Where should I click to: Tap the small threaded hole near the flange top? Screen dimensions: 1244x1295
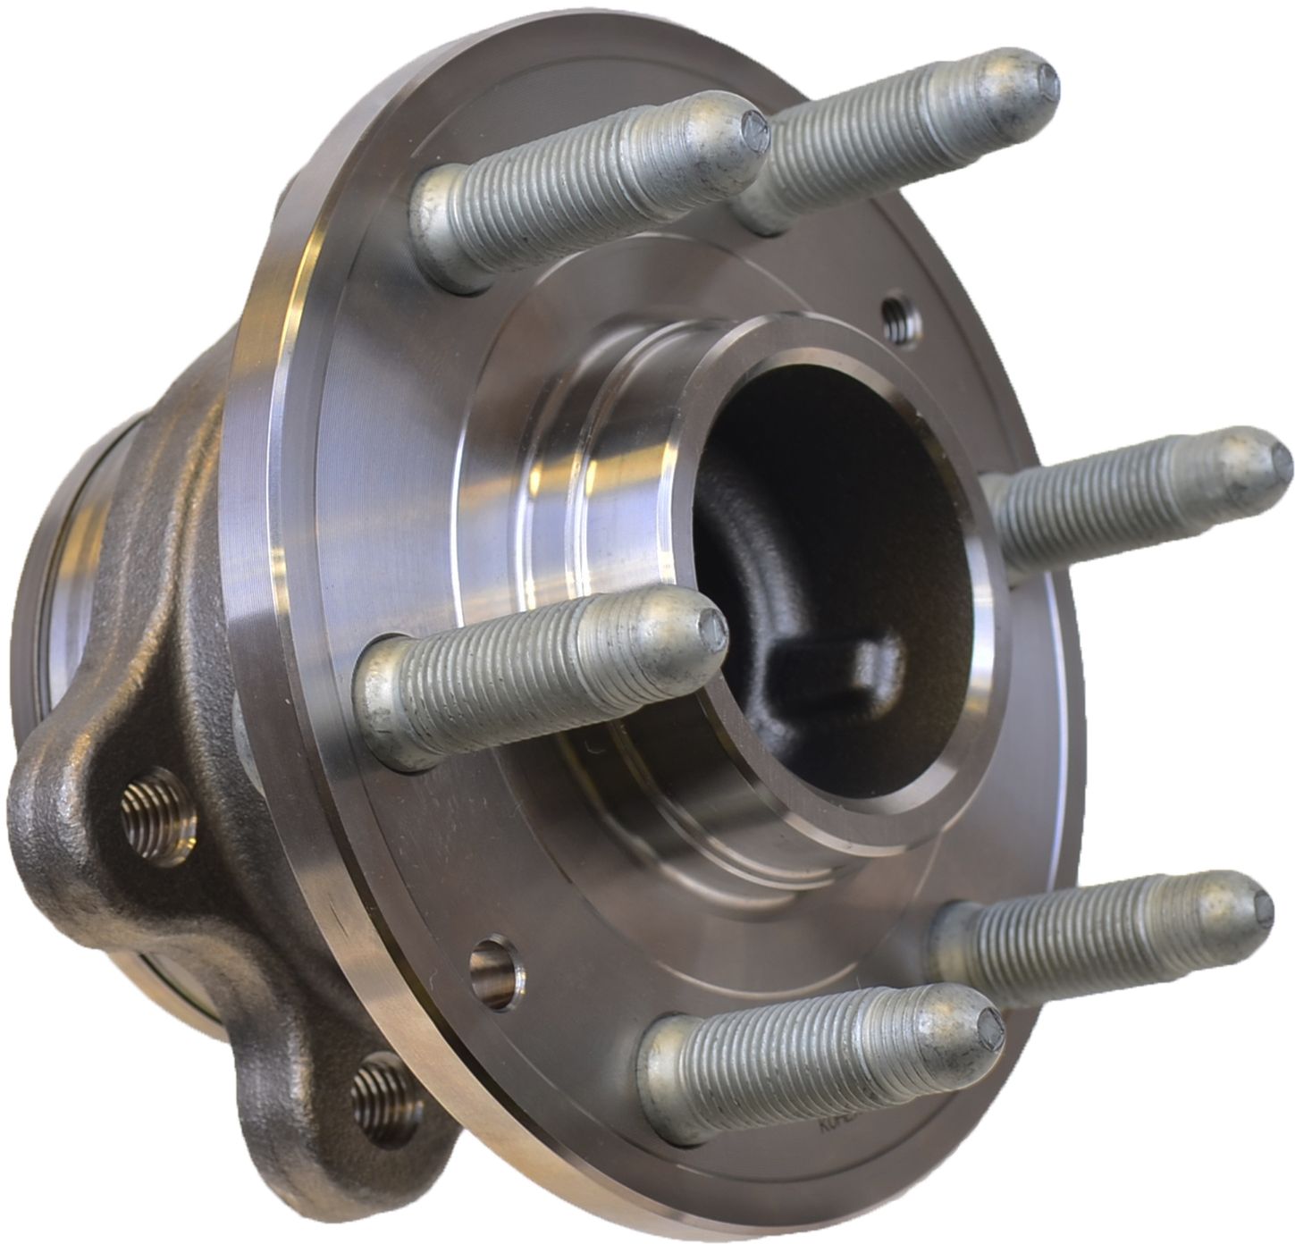(x=896, y=314)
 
